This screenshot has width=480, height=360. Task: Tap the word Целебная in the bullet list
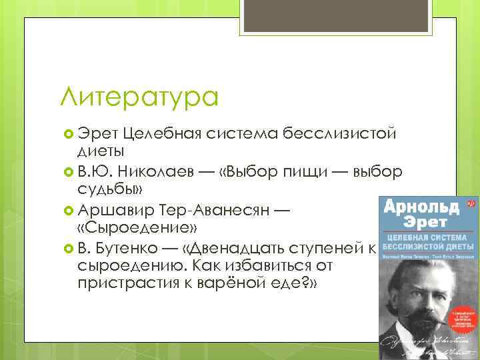click(x=162, y=133)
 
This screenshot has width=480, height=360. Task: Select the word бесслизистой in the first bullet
click(x=339, y=133)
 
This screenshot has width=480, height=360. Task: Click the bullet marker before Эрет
click(x=67, y=133)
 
